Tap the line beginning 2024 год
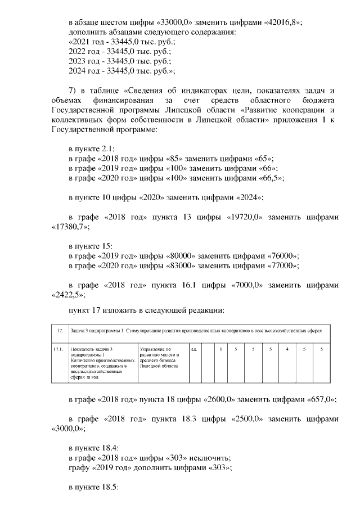point(121,71)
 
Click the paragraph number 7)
point(72,91)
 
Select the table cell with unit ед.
point(193,349)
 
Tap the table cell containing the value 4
point(287,349)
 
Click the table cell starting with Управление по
point(160,358)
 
